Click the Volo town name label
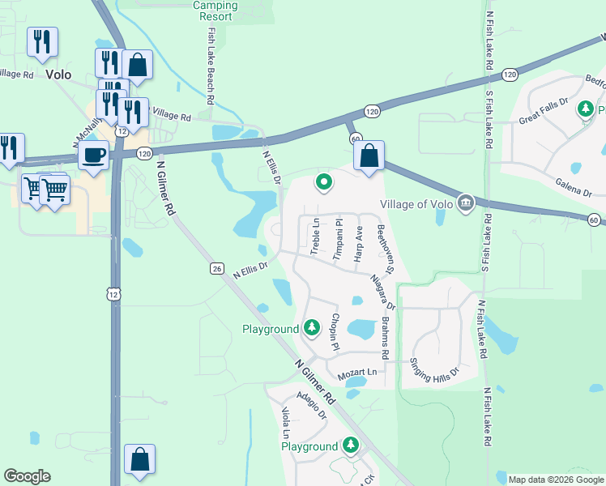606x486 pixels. pos(58,75)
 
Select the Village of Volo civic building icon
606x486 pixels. pos(466,202)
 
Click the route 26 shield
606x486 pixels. pos(216,268)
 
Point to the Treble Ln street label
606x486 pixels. pos(315,236)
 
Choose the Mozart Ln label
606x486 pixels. pos(357,371)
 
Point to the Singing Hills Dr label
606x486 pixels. pos(433,370)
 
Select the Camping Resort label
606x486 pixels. pos(216,11)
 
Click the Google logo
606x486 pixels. pos(27,476)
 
